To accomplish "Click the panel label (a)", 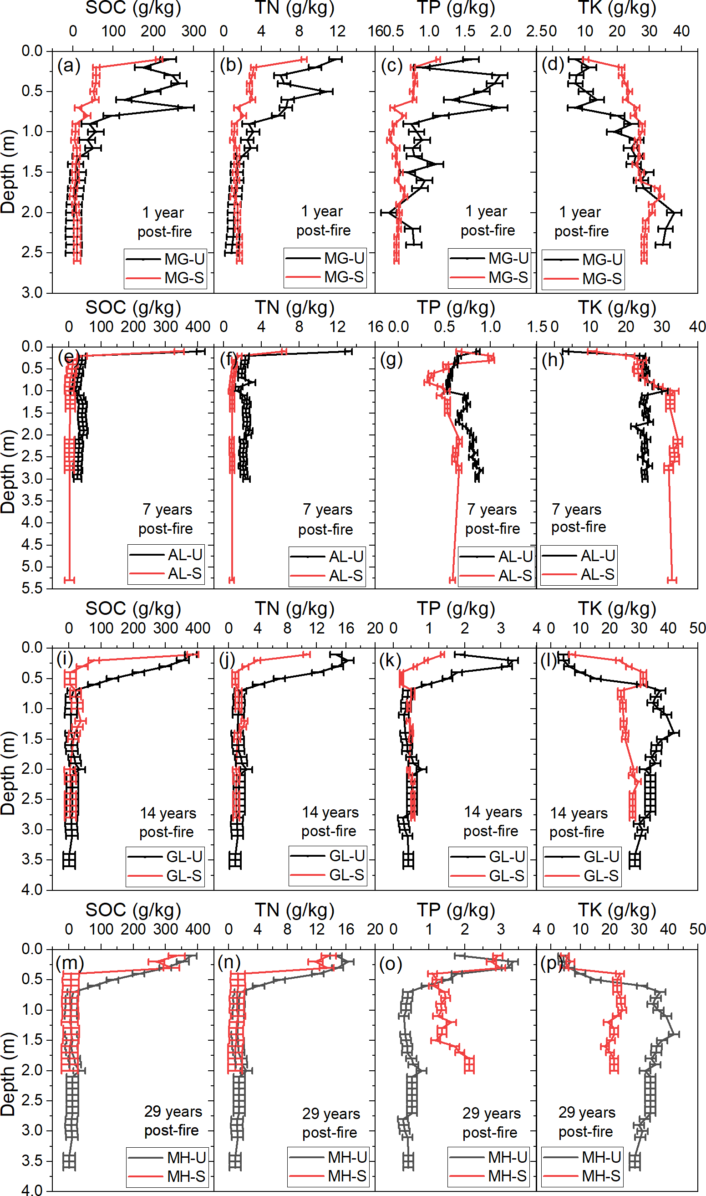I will click(x=69, y=66).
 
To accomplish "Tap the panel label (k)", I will click(x=390, y=660).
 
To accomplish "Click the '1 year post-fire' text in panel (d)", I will click(x=581, y=222).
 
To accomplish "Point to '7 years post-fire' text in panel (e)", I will click(x=166, y=519).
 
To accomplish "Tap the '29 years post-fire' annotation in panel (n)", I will click(x=330, y=1123).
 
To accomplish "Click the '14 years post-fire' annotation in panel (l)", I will click(x=578, y=823).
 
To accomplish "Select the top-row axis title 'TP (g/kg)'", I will click(x=456, y=8).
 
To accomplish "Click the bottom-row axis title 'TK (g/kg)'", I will click(x=617, y=910).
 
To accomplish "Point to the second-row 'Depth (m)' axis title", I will click(x=8, y=471).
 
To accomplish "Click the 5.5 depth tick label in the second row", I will click(x=32, y=589).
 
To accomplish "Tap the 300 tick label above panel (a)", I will click(x=193, y=31).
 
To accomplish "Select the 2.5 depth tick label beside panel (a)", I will click(x=32, y=252).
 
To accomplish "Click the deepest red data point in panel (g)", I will click(x=452, y=580).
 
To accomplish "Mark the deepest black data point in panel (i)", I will click(x=69, y=860).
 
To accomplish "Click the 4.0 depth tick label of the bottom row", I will click(x=32, y=1190).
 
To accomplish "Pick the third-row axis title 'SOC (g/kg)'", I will click(x=133, y=609).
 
